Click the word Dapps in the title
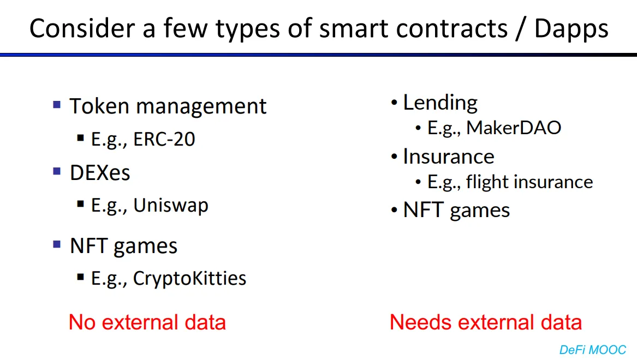[x=571, y=29]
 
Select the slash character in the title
[x=519, y=29]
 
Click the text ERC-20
[x=164, y=139]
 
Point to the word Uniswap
[x=171, y=206]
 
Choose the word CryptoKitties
[x=189, y=279]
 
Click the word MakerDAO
[x=514, y=128]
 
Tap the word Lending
[x=440, y=103]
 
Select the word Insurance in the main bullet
[x=449, y=157]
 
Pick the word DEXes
[x=100, y=173]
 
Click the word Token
[x=99, y=106]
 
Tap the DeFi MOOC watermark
[x=593, y=350]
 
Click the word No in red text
[x=82, y=323]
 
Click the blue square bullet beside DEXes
[x=57, y=171]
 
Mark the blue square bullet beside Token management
[x=57, y=105]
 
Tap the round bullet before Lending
[x=394, y=103]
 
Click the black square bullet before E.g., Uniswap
[x=80, y=204]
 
